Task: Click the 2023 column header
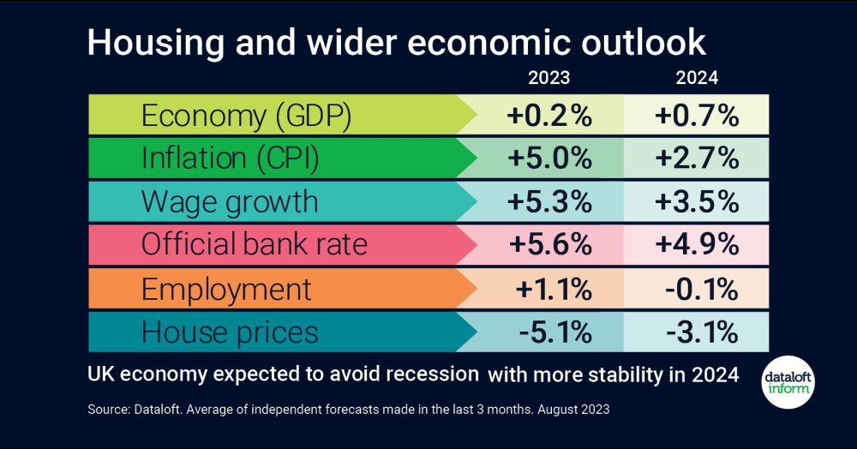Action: coord(549,78)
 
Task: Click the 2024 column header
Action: coord(697,78)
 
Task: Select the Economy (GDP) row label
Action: coord(247,116)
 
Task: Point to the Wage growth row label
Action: coord(230,202)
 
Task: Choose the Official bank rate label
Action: coord(255,245)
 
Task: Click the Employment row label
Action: coord(226,289)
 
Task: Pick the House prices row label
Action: coord(230,332)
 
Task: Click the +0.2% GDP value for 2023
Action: coord(549,116)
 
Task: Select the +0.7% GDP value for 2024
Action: coord(696,116)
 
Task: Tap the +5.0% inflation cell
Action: coord(549,159)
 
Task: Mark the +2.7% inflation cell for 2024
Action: coord(696,159)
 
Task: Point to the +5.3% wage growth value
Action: coord(549,202)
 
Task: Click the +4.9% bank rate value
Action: coord(696,245)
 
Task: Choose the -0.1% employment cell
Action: coord(696,289)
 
